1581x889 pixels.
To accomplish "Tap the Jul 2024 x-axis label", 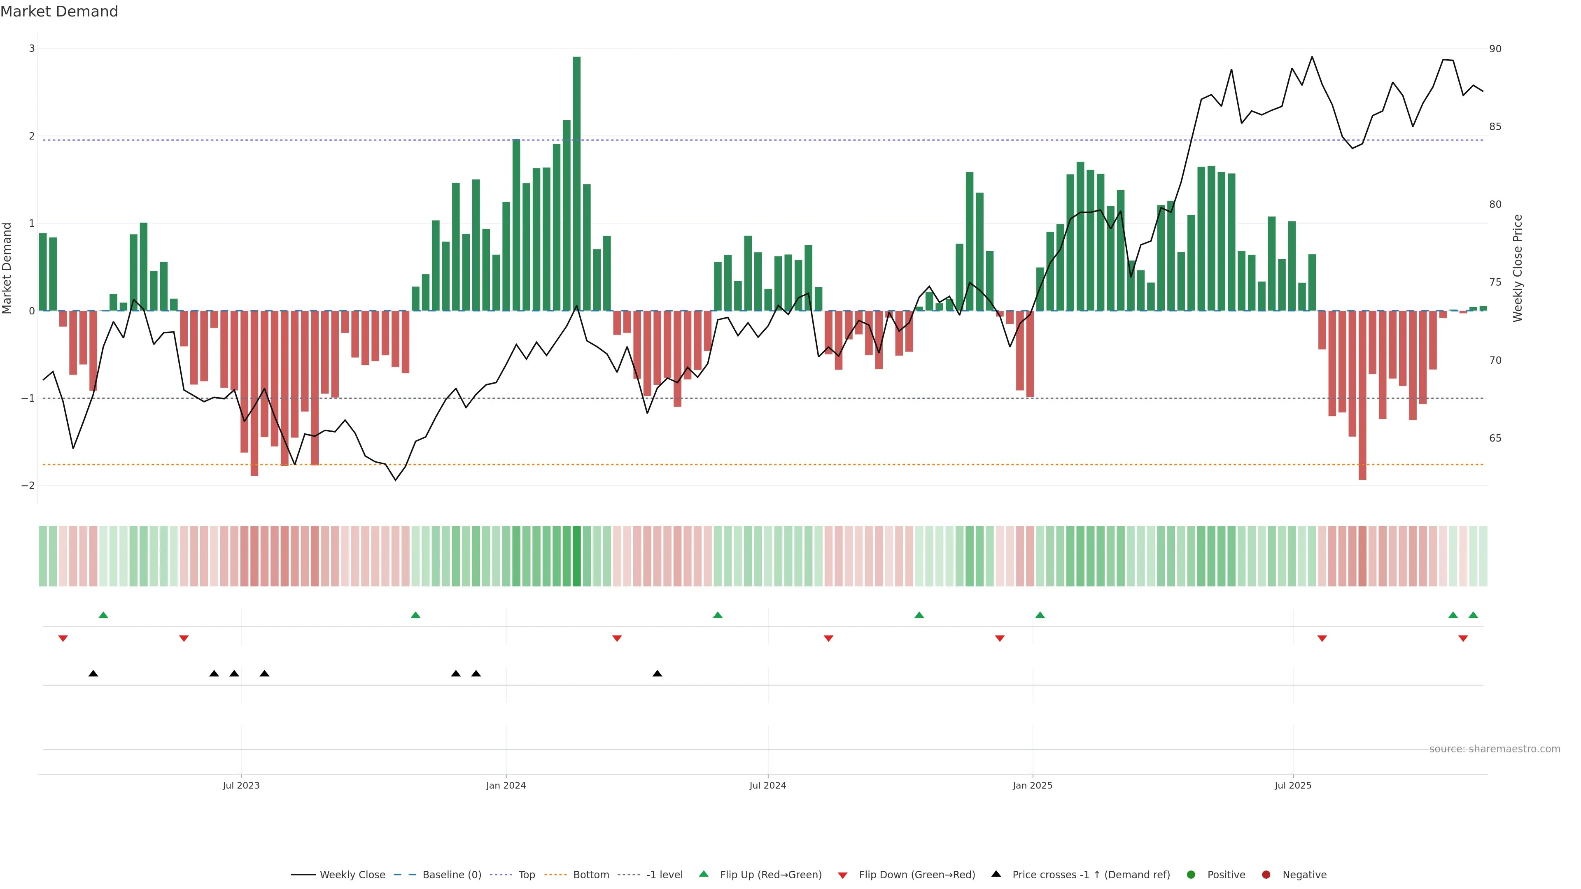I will [x=767, y=785].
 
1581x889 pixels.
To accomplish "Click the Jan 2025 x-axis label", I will [x=1032, y=785].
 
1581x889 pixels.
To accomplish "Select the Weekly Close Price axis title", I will [x=1518, y=268].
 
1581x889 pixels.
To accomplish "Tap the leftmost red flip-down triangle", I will [x=63, y=639].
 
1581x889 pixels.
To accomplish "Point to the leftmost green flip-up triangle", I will [x=103, y=615].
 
